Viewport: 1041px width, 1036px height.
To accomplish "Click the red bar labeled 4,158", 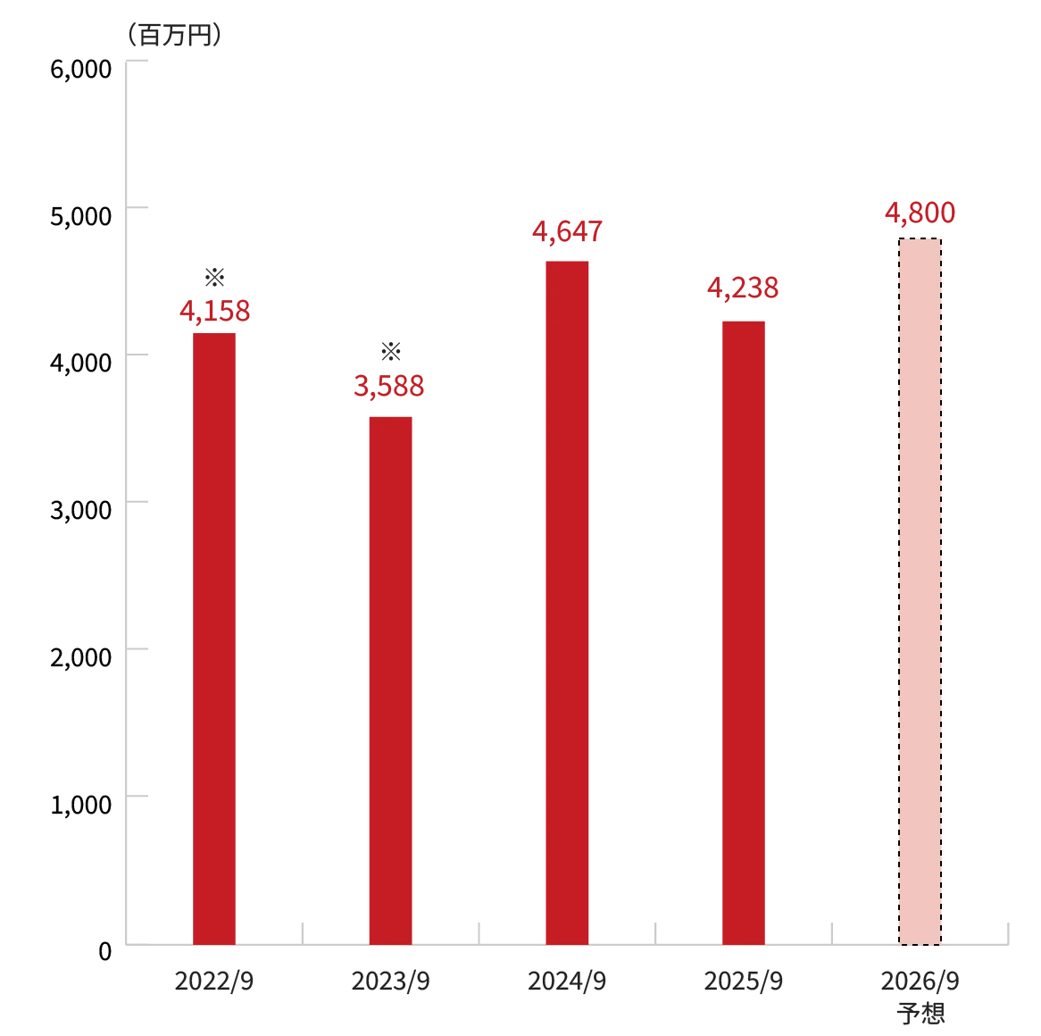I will [214, 636].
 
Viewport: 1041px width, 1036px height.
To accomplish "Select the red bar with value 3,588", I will [389, 679].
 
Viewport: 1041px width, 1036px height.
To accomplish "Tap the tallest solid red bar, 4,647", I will [568, 600].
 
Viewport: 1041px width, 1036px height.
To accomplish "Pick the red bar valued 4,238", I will [745, 630].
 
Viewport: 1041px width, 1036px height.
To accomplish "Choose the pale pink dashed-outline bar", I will [919, 590].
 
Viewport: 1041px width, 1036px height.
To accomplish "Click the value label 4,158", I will [214, 311].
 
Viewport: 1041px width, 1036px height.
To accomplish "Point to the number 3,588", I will [389, 387].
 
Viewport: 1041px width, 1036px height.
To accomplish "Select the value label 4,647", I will [568, 230].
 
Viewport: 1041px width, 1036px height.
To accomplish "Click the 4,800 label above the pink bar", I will [919, 214].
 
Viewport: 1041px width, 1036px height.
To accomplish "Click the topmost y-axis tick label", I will [83, 69].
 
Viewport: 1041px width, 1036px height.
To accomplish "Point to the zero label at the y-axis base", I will [104, 950].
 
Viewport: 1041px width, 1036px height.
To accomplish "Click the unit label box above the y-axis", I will [174, 37].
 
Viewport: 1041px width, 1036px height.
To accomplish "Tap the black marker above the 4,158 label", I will [214, 279].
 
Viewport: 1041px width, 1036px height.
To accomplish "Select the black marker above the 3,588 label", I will [390, 349].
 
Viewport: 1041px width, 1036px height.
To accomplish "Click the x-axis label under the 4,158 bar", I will [214, 982].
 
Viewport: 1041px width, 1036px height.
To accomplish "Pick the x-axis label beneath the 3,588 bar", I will [391, 982].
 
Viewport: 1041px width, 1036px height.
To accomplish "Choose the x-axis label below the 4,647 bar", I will [568, 982].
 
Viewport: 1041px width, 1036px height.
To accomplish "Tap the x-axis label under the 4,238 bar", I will [743, 982].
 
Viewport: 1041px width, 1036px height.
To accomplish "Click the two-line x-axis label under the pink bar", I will [920, 997].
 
